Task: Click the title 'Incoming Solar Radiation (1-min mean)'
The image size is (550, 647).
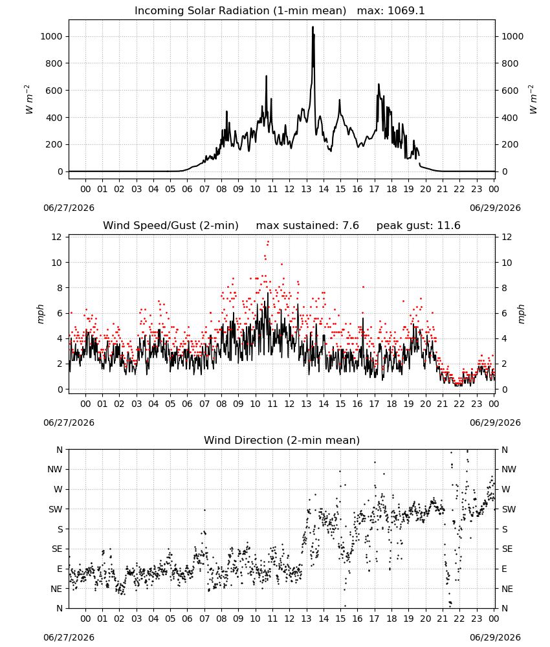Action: coord(240,11)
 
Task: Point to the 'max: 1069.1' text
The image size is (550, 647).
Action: coord(391,11)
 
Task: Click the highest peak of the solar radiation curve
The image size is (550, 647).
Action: coord(313,27)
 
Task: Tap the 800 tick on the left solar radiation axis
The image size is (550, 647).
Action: coord(52,63)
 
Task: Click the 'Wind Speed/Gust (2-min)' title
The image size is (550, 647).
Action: coord(171,226)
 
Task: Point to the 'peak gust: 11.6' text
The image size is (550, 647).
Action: coord(419,226)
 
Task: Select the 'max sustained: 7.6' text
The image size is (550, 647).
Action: coord(307,226)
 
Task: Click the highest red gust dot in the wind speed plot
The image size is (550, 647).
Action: coord(268,241)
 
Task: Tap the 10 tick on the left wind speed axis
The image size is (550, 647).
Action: coord(57,263)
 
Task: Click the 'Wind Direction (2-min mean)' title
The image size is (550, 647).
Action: coord(282,440)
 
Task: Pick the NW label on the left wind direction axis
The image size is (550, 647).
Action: coord(55,469)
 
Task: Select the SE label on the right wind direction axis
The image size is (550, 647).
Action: coord(507,549)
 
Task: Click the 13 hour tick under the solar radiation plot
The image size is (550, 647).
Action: coord(306,189)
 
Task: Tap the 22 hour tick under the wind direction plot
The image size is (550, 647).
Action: coord(459,619)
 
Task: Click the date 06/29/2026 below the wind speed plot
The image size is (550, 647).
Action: coord(495,422)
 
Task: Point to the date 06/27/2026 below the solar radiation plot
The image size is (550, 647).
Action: coord(69,208)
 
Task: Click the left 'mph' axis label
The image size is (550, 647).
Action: coord(40,314)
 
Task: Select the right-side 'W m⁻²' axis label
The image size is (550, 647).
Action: coord(533,100)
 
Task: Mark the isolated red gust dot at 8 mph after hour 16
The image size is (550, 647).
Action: coord(363,287)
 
